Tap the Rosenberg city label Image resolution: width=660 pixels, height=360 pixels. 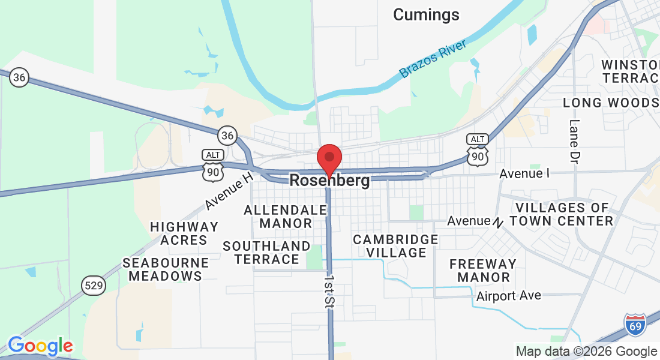tap(329, 181)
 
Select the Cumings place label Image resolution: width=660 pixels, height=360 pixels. tap(426, 14)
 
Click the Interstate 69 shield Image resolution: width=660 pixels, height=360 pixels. tap(635, 325)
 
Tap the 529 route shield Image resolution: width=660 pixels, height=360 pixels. tap(94, 286)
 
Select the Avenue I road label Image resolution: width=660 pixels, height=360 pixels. tap(524, 173)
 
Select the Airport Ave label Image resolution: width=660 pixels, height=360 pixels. tap(509, 296)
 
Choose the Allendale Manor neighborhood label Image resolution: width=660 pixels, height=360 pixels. tap(286, 217)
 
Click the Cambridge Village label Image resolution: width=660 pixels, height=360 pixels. tap(395, 246)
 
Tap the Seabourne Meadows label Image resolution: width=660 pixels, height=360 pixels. tap(166, 269)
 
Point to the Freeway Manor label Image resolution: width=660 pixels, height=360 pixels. tap(483, 271)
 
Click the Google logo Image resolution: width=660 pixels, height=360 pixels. tap(40, 346)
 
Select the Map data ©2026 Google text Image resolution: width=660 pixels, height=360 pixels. tap(586, 352)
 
